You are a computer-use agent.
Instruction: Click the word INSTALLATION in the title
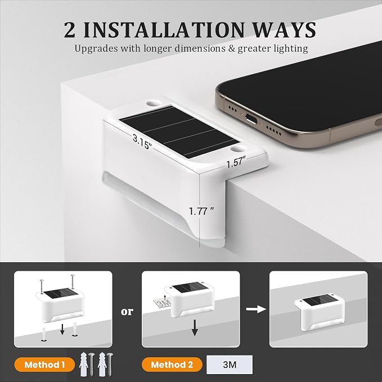coord(164,30)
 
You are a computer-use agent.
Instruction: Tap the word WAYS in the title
coord(284,30)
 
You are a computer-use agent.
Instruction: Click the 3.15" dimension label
coord(142,142)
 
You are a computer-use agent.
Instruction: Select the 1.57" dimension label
coord(236,162)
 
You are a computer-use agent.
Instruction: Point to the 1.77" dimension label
coord(201,211)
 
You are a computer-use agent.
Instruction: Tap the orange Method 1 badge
coord(44,365)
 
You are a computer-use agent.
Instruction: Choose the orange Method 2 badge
coord(172,365)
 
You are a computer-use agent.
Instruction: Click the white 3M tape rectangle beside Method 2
coord(230,365)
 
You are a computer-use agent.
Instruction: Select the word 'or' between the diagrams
coord(127,311)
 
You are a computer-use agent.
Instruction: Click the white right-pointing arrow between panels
coord(256,309)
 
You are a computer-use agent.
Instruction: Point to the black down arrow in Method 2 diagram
coord(195,327)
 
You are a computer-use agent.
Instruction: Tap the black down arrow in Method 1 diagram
coord(62,329)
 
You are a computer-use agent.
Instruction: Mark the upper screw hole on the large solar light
coord(154,103)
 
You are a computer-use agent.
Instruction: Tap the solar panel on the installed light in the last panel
coord(318,300)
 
